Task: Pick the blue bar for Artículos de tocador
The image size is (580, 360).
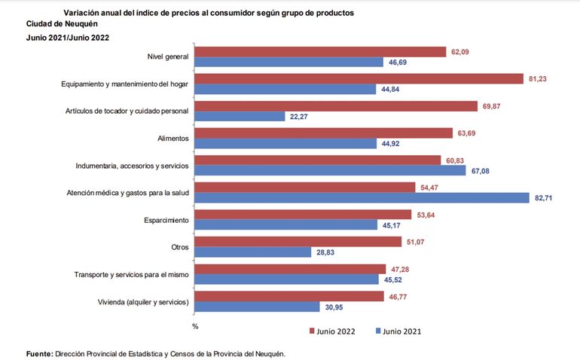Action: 239,116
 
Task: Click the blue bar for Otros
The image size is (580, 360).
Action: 253,252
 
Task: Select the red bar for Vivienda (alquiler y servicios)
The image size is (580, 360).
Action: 290,296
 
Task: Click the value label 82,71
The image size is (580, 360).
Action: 547,198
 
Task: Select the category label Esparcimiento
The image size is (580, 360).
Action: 166,219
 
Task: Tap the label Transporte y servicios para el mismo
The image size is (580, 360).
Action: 132,273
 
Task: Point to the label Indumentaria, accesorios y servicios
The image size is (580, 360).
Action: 132,165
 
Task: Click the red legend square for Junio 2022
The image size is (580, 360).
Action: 312,331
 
